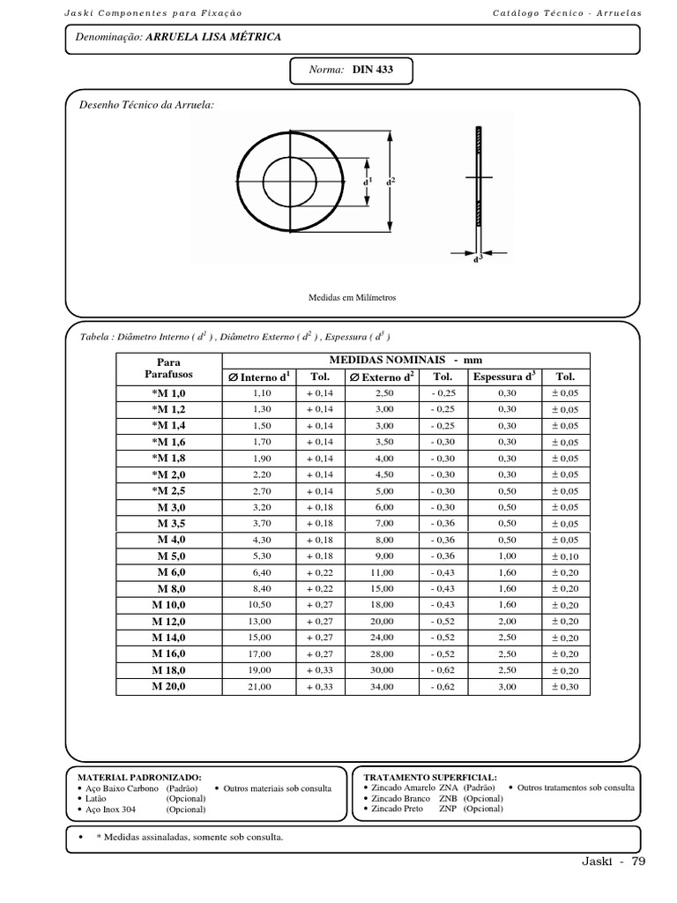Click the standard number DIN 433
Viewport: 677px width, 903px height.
pos(373,71)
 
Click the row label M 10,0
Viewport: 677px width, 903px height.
pos(168,605)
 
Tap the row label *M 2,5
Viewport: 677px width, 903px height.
pos(168,490)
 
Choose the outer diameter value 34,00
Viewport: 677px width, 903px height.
pos(383,687)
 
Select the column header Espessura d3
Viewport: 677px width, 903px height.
pos(504,377)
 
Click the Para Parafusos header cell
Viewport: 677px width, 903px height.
pos(167,369)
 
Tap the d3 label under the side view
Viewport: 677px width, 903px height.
pos(479,261)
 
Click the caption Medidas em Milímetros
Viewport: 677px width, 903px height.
pos(352,298)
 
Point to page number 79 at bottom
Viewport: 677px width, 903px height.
pos(638,862)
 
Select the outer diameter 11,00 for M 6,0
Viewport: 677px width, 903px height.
pos(383,572)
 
